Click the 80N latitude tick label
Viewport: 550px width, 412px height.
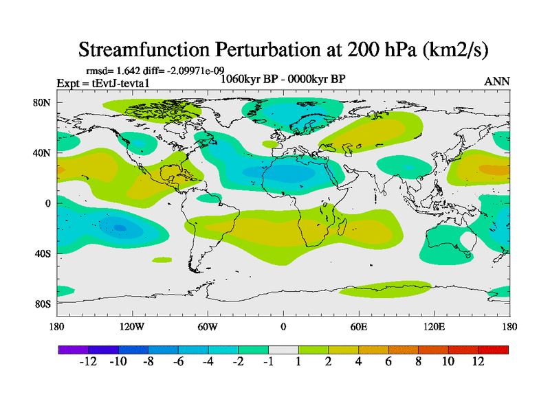point(42,102)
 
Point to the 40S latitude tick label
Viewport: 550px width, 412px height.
point(42,253)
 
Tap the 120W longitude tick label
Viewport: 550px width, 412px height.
point(131,326)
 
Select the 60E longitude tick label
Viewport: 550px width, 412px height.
point(358,326)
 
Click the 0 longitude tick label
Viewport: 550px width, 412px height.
point(283,326)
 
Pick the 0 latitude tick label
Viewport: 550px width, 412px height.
point(48,203)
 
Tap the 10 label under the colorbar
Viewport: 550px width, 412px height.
point(448,362)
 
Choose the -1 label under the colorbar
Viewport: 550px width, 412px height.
point(267,362)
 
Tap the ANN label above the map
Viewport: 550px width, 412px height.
point(497,81)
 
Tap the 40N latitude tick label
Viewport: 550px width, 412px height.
point(42,152)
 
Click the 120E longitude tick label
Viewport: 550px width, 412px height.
point(434,326)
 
